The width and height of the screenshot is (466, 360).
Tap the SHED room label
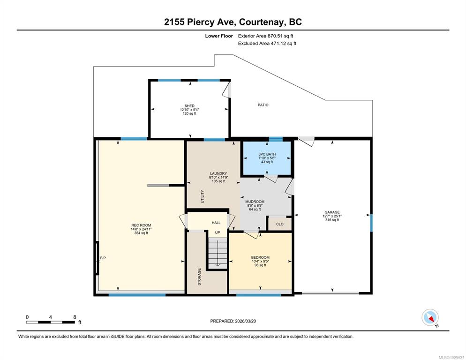189,106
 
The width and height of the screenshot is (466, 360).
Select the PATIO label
263,105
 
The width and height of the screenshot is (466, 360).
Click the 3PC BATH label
267,154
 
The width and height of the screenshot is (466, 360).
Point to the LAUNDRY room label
218,173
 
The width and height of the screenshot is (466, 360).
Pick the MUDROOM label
255,202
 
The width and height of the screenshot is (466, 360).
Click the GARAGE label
332,212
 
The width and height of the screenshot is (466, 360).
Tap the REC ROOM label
141,225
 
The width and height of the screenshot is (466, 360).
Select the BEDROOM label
260,257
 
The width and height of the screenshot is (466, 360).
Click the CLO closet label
280,224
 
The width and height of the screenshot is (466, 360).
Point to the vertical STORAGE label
199,277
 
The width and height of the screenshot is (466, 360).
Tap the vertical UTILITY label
203,196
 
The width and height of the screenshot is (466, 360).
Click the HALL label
216,223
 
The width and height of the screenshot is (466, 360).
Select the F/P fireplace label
103,258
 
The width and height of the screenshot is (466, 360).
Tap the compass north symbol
430,317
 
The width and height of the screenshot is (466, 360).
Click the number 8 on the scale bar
75,317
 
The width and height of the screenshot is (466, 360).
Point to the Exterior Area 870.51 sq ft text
265,36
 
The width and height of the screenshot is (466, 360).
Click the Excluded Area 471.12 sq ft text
267,44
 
